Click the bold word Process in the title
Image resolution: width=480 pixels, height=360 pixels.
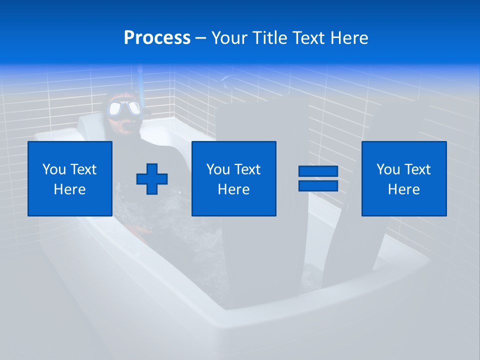157,38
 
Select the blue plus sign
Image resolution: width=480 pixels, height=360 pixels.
152,179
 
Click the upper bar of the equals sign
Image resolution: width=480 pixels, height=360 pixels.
318,171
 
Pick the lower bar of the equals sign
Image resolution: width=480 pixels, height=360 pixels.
318,186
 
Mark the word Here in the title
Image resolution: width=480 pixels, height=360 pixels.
349,38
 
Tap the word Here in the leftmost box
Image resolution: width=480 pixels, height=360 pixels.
70,189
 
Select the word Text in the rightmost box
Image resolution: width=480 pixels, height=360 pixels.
418,169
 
